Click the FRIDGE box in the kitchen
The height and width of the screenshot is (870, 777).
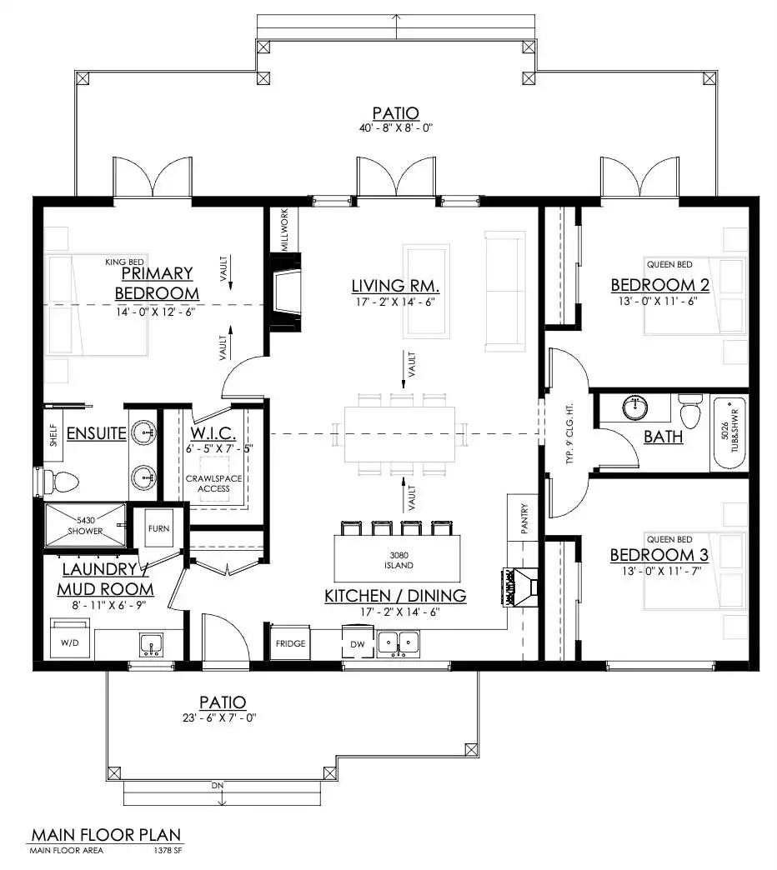click(290, 643)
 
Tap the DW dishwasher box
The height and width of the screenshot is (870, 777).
click(356, 643)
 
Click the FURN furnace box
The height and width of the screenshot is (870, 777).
click(158, 528)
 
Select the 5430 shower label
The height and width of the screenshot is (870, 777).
click(85, 526)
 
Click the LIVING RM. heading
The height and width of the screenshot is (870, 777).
click(395, 287)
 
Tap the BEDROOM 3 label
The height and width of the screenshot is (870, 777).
click(659, 555)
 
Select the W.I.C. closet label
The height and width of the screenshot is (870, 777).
click(213, 434)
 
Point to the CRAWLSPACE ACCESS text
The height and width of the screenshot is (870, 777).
click(213, 484)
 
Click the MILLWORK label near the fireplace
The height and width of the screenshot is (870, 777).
click(284, 231)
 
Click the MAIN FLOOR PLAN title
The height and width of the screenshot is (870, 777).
click(105, 834)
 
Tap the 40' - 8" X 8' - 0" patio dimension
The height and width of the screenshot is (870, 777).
click(395, 128)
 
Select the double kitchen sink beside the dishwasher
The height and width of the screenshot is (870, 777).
click(399, 642)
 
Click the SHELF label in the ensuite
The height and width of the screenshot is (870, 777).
click(53, 436)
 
